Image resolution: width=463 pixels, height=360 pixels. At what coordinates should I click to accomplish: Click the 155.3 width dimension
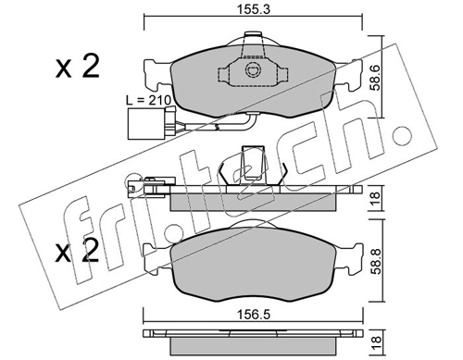253,9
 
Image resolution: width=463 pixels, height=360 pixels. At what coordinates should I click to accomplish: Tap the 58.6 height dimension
376,77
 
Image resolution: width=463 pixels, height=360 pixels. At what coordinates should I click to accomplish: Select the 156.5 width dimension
253,315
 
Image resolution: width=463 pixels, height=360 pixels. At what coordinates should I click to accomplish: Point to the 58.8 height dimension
376,261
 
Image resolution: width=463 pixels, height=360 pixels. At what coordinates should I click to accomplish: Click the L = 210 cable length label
148,100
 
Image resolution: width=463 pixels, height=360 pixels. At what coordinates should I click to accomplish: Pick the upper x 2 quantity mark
78,66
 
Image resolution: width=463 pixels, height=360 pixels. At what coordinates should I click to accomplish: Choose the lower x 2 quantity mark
78,252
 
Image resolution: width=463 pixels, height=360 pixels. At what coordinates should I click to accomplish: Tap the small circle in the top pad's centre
253,69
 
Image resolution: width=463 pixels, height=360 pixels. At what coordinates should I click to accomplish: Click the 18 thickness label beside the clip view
376,198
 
